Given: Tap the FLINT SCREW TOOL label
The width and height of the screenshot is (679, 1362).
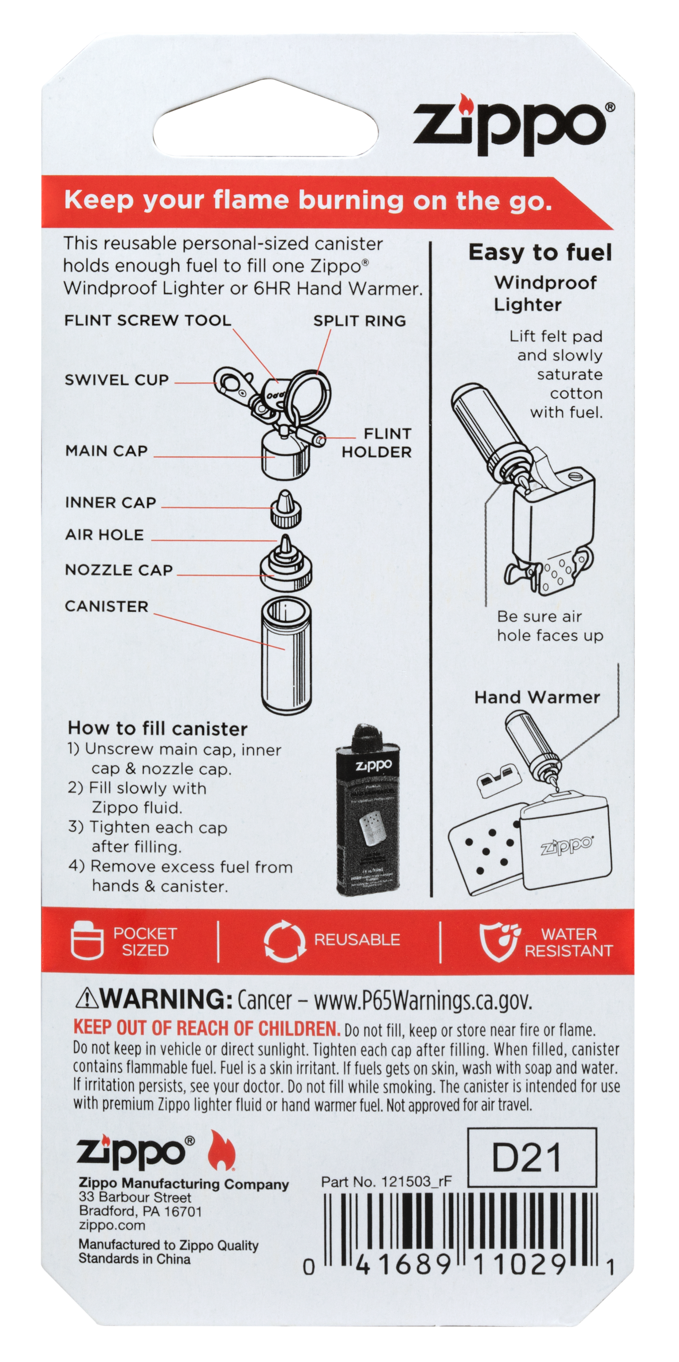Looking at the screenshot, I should click(x=148, y=321).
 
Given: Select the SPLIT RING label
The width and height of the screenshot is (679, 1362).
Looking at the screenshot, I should click(x=359, y=321).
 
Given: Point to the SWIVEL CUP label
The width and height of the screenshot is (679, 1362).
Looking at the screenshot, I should click(x=117, y=380).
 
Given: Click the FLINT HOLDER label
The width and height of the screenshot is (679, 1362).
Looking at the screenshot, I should click(x=376, y=443).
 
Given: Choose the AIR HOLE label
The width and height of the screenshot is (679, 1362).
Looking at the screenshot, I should click(x=104, y=534).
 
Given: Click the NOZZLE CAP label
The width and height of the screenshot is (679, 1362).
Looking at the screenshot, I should click(x=118, y=570).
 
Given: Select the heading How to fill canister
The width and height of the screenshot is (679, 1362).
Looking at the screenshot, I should click(x=157, y=729).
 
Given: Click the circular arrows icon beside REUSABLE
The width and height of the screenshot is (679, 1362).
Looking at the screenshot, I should click(x=284, y=940).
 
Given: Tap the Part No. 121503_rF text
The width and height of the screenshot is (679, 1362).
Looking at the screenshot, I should click(x=386, y=1182).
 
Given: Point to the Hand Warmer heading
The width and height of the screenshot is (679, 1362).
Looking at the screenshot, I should click(x=537, y=697).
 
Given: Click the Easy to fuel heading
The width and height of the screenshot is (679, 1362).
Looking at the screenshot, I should click(x=539, y=253).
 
